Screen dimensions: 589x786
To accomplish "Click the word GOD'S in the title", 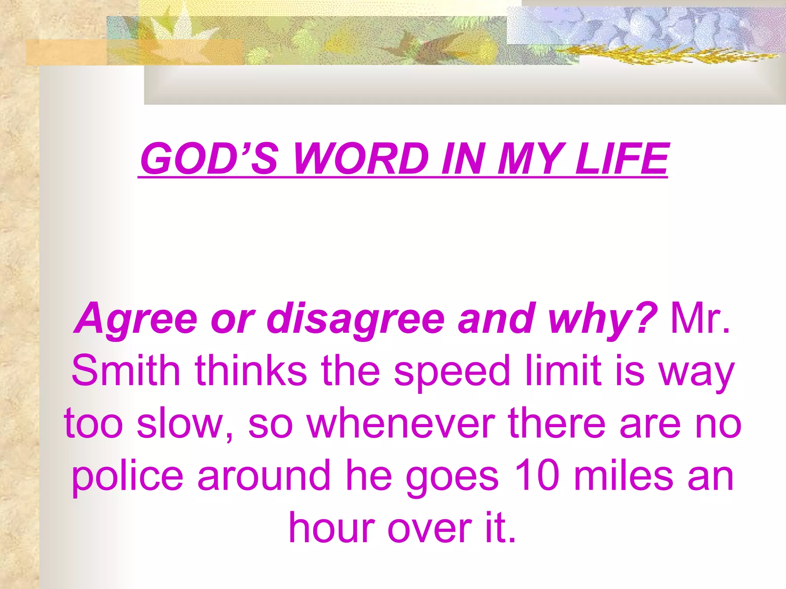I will coord(209,158).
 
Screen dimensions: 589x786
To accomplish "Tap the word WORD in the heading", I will coord(361,158).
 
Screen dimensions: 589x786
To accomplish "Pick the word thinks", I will coord(251,370).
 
